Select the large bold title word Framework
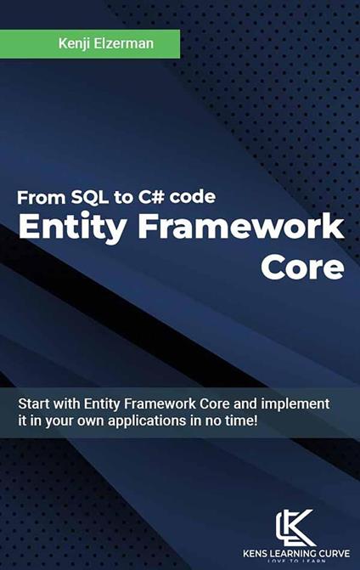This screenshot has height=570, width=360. coord(241,228)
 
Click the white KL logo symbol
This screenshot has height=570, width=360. coord(296,527)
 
